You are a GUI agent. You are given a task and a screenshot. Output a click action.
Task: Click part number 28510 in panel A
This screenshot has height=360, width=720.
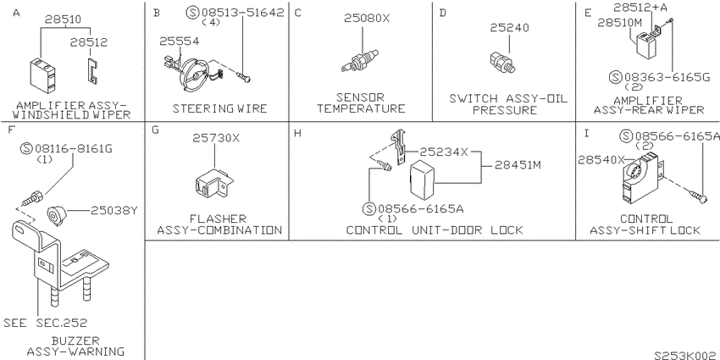[63, 19]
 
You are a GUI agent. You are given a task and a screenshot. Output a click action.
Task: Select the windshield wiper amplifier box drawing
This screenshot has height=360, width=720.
[42, 73]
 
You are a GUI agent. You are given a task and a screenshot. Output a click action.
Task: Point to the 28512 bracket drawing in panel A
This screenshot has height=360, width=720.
[93, 71]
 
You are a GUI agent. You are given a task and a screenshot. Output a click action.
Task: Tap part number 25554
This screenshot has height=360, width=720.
[179, 42]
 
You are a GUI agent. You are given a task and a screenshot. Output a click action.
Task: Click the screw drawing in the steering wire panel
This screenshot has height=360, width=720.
[244, 77]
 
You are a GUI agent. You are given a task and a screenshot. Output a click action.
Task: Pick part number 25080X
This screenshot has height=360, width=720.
[367, 19]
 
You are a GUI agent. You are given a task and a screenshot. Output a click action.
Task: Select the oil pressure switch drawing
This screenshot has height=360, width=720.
[502, 62]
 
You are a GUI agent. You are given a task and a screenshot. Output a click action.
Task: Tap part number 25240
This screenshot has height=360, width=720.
[509, 28]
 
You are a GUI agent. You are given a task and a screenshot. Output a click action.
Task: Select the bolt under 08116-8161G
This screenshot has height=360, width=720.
[33, 199]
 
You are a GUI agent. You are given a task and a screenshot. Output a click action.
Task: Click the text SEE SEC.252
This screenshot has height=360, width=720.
[45, 323]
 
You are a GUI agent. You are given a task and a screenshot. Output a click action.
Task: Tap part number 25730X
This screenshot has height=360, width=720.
[216, 138]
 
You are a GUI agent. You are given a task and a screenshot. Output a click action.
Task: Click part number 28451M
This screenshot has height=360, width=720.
[518, 164]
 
